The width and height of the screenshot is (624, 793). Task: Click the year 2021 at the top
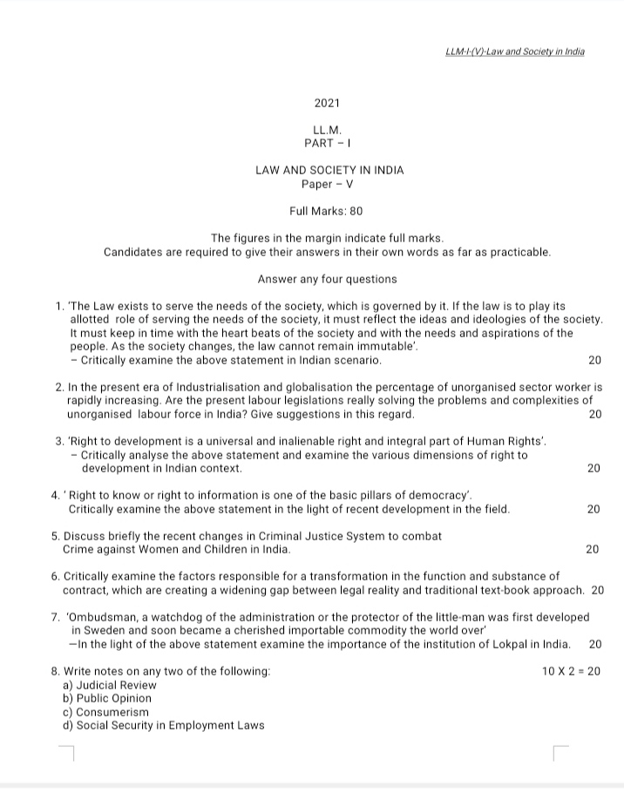tap(329, 103)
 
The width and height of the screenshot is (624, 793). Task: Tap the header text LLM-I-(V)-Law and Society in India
tap(514, 51)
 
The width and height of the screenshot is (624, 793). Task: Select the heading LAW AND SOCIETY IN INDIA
tap(329, 170)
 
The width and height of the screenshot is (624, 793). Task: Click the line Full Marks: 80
tap(326, 211)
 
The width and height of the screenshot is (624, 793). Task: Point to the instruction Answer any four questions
tap(327, 279)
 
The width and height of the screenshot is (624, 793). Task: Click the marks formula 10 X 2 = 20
tap(571, 671)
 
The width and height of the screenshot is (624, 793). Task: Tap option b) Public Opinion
tap(107, 698)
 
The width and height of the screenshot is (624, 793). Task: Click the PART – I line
tap(327, 142)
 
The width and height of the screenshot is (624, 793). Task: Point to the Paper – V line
tap(327, 184)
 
